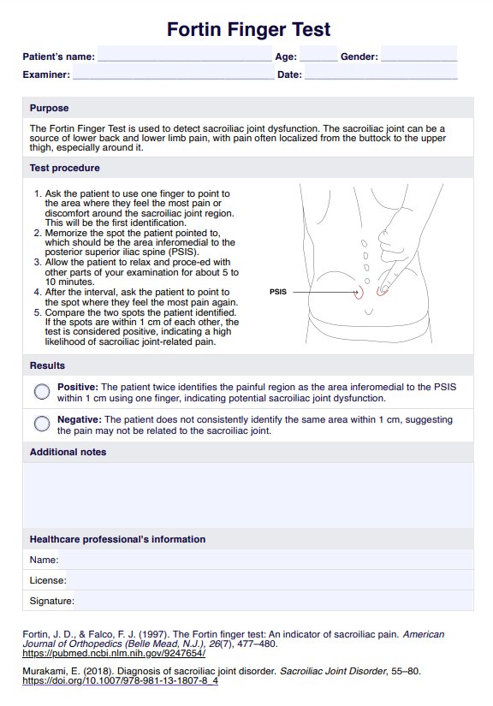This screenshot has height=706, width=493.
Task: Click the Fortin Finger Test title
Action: (248, 30)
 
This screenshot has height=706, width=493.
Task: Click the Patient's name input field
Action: (185, 54)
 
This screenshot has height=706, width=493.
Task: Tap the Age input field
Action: (318, 54)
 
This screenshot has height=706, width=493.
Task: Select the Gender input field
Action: (419, 54)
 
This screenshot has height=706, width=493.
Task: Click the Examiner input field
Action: (174, 72)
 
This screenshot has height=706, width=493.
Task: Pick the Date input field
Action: (381, 72)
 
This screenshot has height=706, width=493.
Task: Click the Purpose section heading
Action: (49, 108)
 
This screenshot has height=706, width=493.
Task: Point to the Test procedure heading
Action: (65, 168)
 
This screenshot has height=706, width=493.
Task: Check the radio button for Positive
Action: (42, 392)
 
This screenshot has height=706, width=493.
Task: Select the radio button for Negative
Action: (42, 424)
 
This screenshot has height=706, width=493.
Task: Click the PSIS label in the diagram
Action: (278, 292)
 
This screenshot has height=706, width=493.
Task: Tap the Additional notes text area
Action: (248, 495)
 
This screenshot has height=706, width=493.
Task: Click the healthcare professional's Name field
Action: (265, 560)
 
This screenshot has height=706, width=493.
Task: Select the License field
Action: (270, 580)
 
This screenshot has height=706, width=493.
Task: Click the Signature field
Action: (274, 601)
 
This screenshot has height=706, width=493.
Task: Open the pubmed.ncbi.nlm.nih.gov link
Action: (114, 653)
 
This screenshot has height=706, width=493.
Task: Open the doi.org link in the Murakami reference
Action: (120, 680)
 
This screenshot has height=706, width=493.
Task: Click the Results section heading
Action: (47, 365)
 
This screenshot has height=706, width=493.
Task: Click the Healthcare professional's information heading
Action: (117, 539)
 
